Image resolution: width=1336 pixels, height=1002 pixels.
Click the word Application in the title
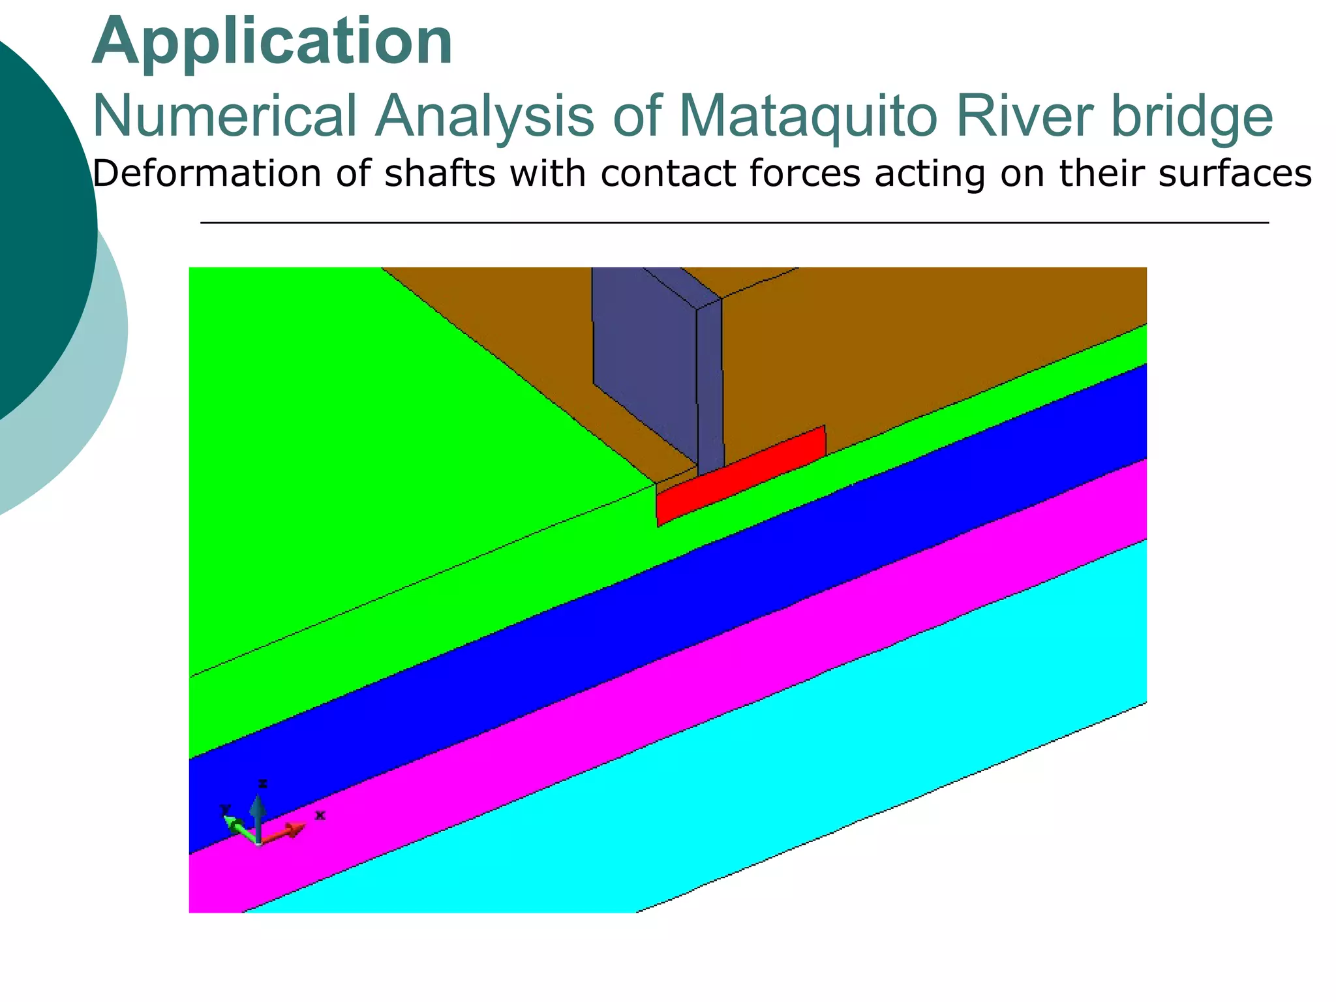coord(272,42)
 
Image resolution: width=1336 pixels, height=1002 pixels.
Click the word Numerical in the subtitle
coord(224,116)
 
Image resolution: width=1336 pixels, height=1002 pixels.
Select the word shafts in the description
coord(440,174)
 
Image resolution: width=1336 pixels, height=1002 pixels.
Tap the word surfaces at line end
coord(1235,174)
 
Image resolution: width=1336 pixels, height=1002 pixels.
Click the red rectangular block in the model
coord(740,476)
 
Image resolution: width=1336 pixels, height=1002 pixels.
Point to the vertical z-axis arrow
coord(258,815)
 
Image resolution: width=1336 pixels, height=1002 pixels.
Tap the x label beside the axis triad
coord(320,815)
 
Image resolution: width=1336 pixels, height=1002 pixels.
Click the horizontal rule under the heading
coord(734,223)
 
